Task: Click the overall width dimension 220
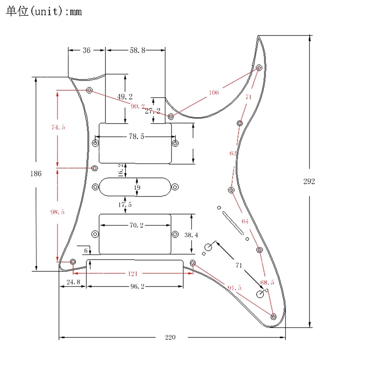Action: click(170, 337)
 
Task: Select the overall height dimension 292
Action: click(309, 181)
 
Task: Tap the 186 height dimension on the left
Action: click(36, 174)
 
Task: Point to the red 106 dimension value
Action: click(214, 92)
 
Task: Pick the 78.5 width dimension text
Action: click(136, 137)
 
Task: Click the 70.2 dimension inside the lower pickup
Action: click(136, 225)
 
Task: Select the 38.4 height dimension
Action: click(191, 235)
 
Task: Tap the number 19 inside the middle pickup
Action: click(137, 188)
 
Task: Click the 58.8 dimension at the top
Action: click(137, 50)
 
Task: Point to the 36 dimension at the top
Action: click(86, 50)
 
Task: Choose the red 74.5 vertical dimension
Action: click(58, 127)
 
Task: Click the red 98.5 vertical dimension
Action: click(58, 212)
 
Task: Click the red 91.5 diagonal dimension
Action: click(235, 288)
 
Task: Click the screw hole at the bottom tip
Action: click(273, 316)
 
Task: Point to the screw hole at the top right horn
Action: click(259, 68)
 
